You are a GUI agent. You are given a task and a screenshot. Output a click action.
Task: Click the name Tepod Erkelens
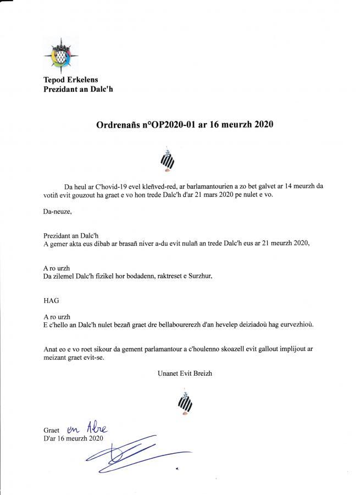(x=70, y=80)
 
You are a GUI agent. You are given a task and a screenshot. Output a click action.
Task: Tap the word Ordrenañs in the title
(x=115, y=125)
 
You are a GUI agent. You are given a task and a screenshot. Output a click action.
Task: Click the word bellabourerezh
(x=181, y=324)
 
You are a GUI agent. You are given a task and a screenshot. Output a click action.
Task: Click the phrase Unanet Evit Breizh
(x=185, y=373)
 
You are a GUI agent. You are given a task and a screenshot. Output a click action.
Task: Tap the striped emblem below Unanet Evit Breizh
(x=183, y=403)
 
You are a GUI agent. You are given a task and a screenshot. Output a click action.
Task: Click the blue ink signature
(x=132, y=452)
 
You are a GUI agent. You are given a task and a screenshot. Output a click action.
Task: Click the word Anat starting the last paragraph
(x=51, y=349)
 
